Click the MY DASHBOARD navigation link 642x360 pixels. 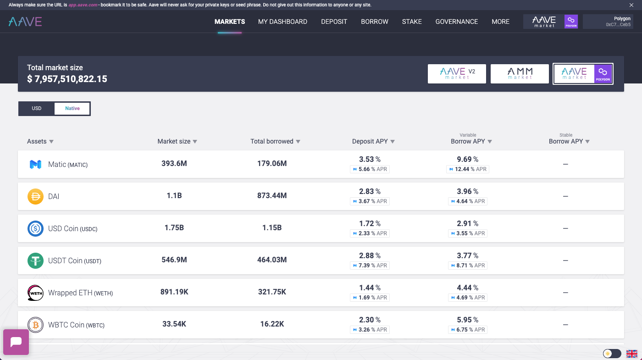(282, 22)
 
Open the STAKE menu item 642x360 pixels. (412, 22)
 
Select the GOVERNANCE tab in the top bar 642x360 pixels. (457, 22)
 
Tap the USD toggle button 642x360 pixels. (36, 108)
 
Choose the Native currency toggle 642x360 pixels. (72, 108)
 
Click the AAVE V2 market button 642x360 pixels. (457, 74)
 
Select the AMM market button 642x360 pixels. (520, 74)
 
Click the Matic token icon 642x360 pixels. (36, 164)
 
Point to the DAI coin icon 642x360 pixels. (36, 196)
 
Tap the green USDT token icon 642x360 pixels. (36, 260)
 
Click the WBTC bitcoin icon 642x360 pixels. (36, 325)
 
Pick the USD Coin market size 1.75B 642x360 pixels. (174, 227)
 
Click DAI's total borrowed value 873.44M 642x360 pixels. (272, 195)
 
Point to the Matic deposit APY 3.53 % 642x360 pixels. (370, 159)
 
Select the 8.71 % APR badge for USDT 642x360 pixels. (468, 266)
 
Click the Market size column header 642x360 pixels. (174, 141)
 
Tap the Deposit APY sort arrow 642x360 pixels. (393, 142)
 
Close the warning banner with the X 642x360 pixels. (631, 5)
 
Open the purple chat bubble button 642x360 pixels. (16, 342)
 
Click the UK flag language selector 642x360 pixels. (632, 354)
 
